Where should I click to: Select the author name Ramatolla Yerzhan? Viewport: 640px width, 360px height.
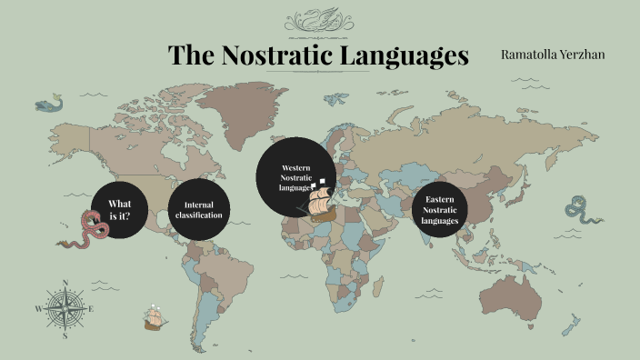click(553, 55)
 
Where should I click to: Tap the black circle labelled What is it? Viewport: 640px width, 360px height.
click(119, 209)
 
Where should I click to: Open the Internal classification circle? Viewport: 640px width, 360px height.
click(198, 210)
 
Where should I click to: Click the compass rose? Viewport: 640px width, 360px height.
click(65, 308)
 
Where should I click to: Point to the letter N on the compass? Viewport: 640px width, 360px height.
click(65, 282)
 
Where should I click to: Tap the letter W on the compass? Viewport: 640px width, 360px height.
click(38, 309)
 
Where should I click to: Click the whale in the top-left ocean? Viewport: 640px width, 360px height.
click(51, 105)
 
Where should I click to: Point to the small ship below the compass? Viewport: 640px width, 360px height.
click(155, 318)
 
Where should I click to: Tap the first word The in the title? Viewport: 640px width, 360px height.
click(191, 55)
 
